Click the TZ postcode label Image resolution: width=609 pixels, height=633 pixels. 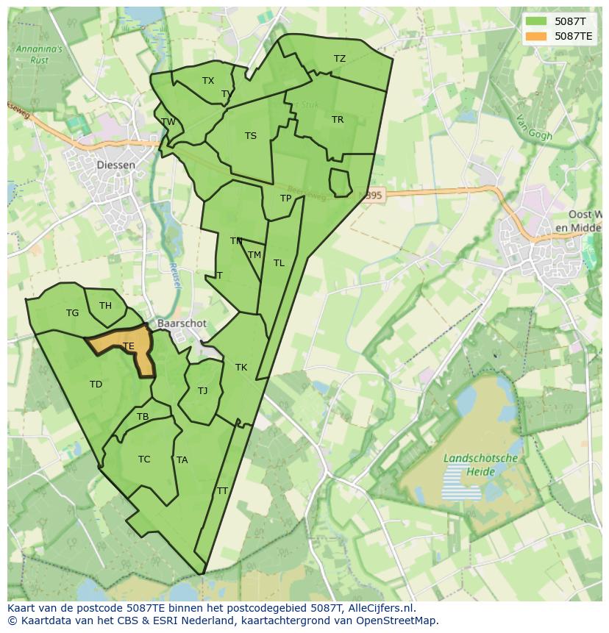pos(339,59)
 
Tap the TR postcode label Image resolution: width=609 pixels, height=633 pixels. pos(338,120)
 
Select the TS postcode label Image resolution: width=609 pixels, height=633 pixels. pos(251,136)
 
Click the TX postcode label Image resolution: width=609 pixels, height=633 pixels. pos(208,81)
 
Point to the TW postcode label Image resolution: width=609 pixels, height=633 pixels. pos(168,122)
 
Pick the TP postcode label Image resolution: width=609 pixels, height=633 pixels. pos(286,199)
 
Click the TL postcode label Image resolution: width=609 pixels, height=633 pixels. pos(279,263)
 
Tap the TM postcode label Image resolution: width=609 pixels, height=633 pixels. pos(254,255)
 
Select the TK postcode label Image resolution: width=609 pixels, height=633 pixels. pos(241,368)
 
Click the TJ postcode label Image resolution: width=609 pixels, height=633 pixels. pos(203,391)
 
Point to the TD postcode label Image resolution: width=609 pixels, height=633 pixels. pos(96,385)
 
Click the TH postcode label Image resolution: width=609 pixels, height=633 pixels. pos(105,306)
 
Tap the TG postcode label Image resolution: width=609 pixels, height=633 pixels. pos(72,313)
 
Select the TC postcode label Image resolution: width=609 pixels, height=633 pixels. pos(144,459)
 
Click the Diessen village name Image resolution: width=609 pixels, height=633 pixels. pos(116,165)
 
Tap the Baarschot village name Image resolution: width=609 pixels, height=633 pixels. pos(182,323)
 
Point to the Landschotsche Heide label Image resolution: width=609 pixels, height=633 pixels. pos(481,464)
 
